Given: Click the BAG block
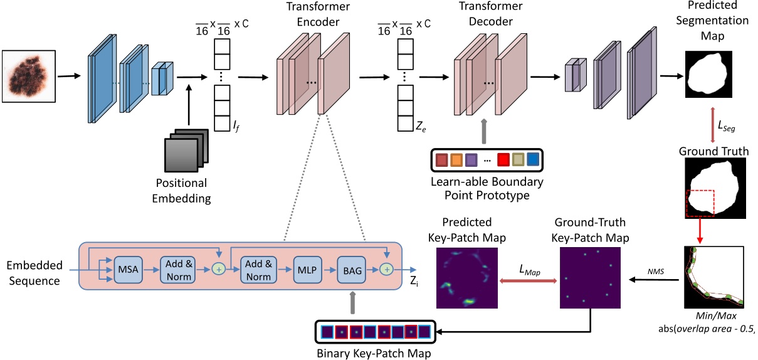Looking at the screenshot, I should (350, 269).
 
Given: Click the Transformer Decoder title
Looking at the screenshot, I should (485, 15).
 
